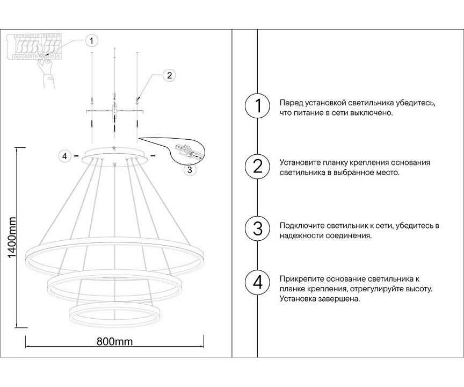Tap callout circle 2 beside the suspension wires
pyautogui.click(x=169, y=75)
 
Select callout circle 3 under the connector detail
pyautogui.click(x=189, y=170)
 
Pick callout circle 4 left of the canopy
pyautogui.click(x=65, y=156)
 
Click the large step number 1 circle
pyautogui.click(x=257, y=106)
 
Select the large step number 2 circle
pyautogui.click(x=257, y=167)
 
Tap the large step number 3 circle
pyautogui.click(x=257, y=228)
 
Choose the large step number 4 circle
pyautogui.click(x=257, y=282)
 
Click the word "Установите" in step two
pyautogui.click(x=300, y=163)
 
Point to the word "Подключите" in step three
pyautogui.click(x=301, y=225)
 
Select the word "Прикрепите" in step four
pyautogui.click(x=301, y=279)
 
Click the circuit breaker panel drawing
pyautogui.click(x=35, y=46)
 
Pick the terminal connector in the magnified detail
pyautogui.click(x=186, y=152)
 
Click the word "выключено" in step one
pyautogui.click(x=375, y=113)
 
